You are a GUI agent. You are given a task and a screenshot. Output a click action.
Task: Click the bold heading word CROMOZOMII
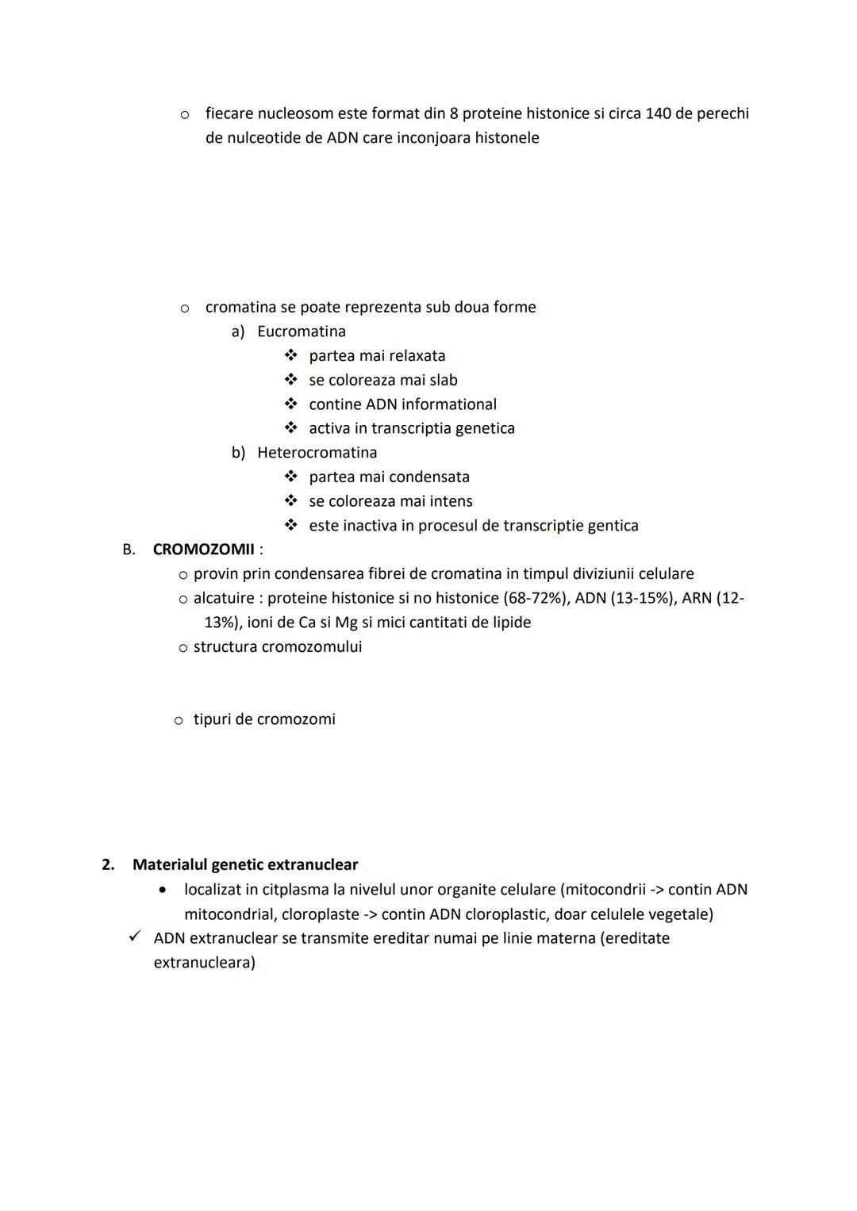pos(203,550)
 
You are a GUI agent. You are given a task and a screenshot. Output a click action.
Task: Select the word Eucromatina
pos(302,331)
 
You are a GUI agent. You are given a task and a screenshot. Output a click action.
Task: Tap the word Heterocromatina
pos(317,453)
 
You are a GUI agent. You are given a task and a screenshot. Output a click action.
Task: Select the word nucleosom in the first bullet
pos(296,113)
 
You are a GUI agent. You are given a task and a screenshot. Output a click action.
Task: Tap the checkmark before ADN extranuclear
pos(135,937)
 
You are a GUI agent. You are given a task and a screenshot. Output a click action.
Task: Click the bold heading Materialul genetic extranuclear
pos(244,864)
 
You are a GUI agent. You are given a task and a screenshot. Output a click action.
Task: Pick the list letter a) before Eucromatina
pos(238,331)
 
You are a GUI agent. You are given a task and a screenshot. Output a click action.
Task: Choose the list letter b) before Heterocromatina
pos(238,453)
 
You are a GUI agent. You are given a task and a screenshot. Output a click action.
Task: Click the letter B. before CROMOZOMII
pos(129,550)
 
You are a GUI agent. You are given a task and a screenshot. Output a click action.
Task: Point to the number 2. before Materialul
pos(109,864)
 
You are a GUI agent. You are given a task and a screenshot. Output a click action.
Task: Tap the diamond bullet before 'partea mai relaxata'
pos(291,355)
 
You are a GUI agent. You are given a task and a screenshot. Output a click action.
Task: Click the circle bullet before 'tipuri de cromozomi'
pos(179,720)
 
